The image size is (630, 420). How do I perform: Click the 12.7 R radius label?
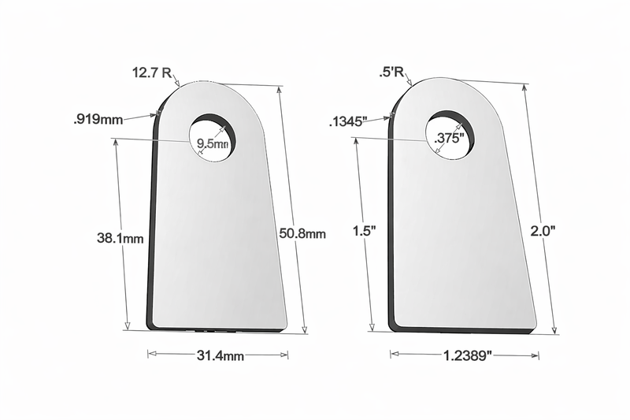pos(152,73)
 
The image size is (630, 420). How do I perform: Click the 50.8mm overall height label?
pos(302,233)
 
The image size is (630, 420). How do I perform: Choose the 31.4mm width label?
pos(218,356)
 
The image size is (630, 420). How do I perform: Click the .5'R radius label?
pos(391,73)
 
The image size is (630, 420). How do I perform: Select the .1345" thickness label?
pos(347,121)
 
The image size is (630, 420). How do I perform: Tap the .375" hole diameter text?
pos(450,137)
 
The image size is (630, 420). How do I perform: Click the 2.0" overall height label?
pos(543,231)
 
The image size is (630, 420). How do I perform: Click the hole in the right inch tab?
pos(450,133)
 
